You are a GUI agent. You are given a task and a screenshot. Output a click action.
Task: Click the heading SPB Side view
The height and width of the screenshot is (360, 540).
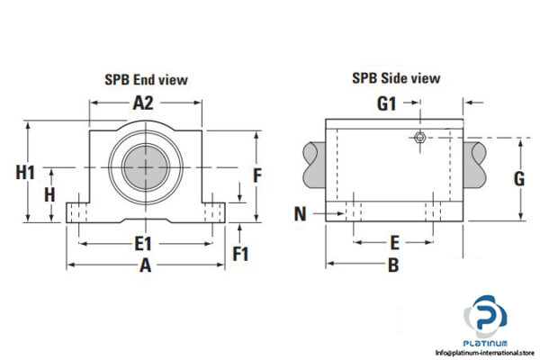point(396,78)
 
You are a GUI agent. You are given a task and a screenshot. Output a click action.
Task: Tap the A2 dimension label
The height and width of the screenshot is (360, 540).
point(145,103)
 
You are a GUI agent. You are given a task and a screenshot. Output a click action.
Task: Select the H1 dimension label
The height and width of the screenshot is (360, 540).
point(26,173)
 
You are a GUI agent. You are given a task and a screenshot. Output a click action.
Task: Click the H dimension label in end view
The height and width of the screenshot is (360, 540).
point(50,193)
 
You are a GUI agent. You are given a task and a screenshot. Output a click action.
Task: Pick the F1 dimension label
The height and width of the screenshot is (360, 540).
point(240,254)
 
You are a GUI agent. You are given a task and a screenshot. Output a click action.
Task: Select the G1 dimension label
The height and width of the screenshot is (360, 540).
point(386,103)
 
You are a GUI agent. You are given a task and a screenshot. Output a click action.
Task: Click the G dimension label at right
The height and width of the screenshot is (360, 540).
point(518,178)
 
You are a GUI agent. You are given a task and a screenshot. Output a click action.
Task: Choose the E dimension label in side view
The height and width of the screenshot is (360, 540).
point(393,242)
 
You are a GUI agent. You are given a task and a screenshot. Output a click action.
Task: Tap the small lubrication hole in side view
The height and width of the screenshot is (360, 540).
point(419,137)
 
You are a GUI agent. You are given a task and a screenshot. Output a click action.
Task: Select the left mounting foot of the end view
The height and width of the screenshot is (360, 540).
point(79,210)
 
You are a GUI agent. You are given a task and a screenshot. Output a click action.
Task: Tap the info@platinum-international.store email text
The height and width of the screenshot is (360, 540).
point(485,352)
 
